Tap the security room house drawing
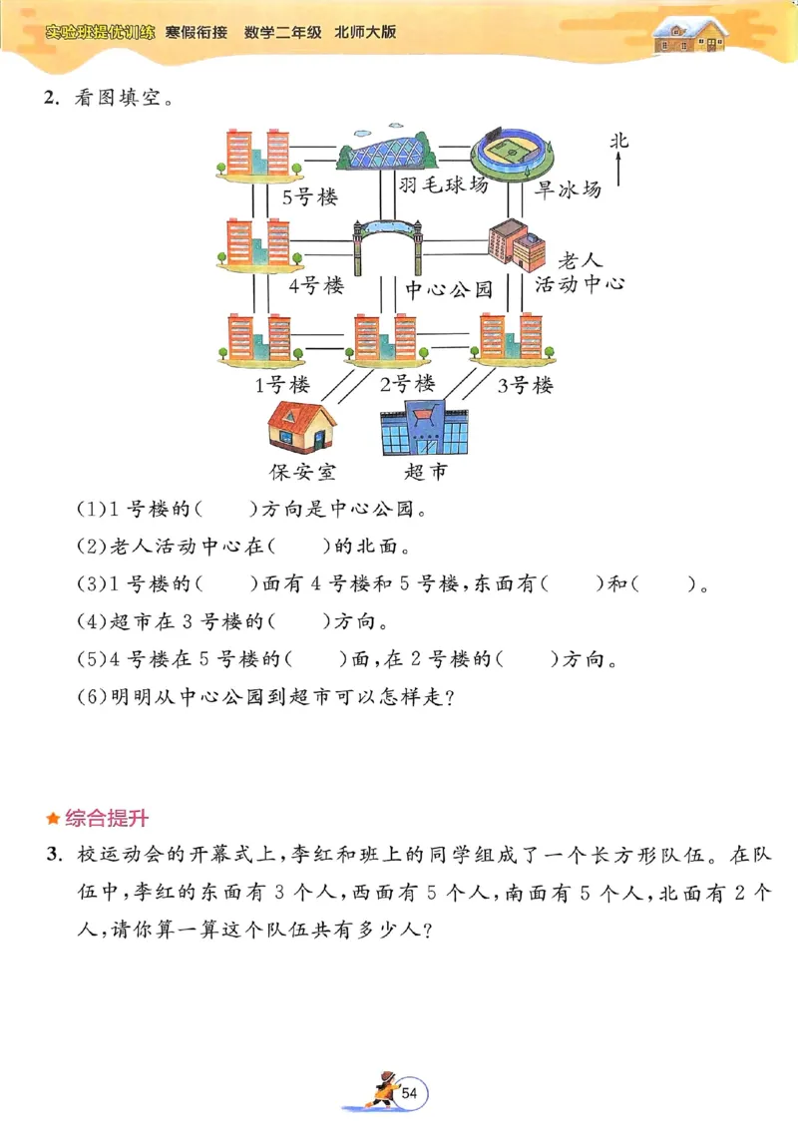point(301,427)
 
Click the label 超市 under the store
point(425,471)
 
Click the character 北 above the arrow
point(619,142)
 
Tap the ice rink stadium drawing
point(512,151)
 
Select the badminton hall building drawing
point(387,151)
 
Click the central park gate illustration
point(387,244)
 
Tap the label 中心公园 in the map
point(449,290)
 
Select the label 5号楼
point(310,196)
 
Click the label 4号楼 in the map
point(316,286)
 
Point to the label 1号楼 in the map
point(282,384)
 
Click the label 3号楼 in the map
point(525,385)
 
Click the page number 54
point(410,1094)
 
